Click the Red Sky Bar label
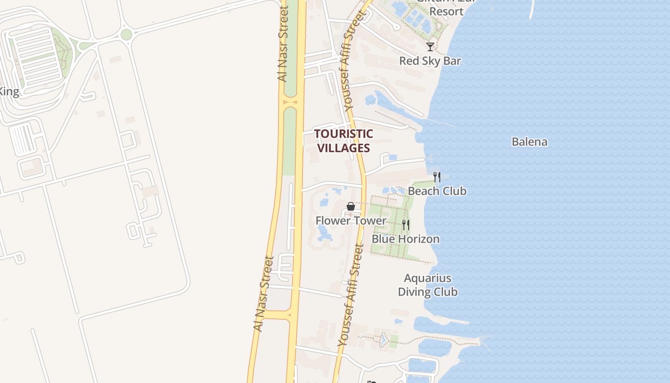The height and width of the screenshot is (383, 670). point(430,61)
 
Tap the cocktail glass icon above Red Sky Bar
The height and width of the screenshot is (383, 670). point(430,47)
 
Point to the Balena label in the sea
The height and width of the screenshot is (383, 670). point(529,142)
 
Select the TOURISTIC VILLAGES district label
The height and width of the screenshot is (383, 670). point(344,141)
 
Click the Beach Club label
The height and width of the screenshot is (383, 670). point(437,191)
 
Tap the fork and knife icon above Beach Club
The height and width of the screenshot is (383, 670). point(436,177)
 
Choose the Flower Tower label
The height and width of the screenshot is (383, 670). point(351,221)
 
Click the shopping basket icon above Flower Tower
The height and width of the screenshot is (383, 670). point(351,206)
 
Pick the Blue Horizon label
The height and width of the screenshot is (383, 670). point(405,239)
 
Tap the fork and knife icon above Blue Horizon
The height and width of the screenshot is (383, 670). point(405,225)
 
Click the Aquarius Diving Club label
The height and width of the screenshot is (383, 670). point(428,285)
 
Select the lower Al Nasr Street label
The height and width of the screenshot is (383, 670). point(264,294)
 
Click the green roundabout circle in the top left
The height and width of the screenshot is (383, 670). point(126,34)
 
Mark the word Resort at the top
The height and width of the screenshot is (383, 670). point(446,11)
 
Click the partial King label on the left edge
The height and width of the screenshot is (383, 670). point(9,91)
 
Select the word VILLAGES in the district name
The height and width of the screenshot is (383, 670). point(344,148)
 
